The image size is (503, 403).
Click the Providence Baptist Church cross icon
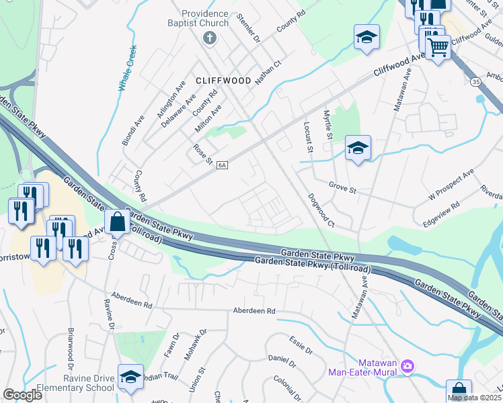[209, 38]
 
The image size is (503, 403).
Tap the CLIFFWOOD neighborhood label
[223, 81]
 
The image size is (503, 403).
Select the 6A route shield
[223, 165]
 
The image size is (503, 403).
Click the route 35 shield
[475, 82]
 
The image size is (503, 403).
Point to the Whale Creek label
[128, 67]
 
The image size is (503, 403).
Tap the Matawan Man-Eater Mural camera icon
[406, 366]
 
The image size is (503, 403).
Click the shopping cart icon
[438, 48]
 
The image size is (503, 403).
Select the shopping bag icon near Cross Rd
[117, 222]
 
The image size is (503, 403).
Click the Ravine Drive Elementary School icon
[130, 377]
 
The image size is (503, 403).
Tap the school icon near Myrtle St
[358, 148]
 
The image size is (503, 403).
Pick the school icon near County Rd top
[366, 37]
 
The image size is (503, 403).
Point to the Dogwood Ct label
[321, 210]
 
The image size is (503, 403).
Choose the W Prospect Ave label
[452, 188]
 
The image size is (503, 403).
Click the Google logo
[23, 395]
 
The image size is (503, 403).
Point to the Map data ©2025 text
[475, 398]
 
